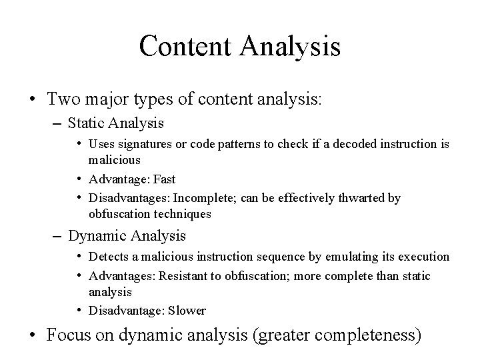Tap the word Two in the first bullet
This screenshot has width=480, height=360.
pyautogui.click(x=61, y=100)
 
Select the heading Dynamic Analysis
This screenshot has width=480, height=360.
pyautogui.click(x=127, y=235)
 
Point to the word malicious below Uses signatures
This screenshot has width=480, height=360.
pyautogui.click(x=115, y=160)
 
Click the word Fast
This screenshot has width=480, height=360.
pyautogui.click(x=165, y=179)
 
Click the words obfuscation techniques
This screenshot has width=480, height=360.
pyautogui.click(x=149, y=214)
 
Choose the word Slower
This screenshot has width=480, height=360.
pyautogui.click(x=187, y=311)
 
